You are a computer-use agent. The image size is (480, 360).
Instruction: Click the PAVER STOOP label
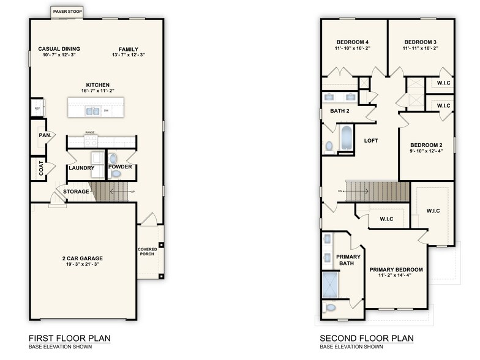tap(68, 11)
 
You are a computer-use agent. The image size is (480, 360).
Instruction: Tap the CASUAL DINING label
tap(59, 49)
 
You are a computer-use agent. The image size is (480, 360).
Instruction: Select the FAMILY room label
tap(129, 49)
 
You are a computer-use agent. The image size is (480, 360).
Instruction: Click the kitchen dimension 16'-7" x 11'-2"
tap(97, 91)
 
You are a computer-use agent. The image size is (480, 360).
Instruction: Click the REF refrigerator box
tap(37, 108)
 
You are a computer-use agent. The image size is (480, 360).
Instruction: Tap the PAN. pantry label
tap(44, 135)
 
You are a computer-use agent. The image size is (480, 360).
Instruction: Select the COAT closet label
tap(42, 169)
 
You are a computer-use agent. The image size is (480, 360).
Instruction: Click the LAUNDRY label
tap(81, 168)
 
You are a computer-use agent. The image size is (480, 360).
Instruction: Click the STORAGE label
tap(76, 192)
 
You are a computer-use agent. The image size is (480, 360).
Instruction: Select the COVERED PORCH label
tap(147, 252)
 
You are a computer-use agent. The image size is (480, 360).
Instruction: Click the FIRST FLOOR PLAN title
tap(70, 338)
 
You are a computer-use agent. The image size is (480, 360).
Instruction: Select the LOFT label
tap(371, 141)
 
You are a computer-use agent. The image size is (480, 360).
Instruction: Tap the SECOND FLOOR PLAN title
tap(367, 338)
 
